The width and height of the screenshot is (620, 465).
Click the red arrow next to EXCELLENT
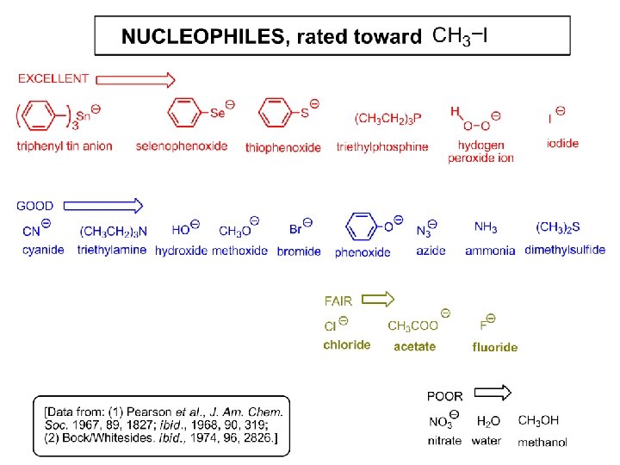[x=135, y=79]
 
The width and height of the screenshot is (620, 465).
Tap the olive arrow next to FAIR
[x=377, y=300]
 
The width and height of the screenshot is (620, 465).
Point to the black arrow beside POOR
[x=493, y=394]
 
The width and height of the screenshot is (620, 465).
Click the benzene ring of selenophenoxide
[x=183, y=113]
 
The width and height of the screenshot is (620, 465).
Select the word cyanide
[x=44, y=250]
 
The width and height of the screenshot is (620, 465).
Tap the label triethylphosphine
[x=382, y=146]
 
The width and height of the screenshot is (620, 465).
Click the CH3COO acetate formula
[x=413, y=325]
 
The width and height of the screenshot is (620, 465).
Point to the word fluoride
[x=495, y=347]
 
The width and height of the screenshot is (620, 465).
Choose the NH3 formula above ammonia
[x=486, y=227]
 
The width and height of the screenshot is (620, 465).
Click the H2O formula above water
[x=488, y=421]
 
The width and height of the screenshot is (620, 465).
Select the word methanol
[x=542, y=443]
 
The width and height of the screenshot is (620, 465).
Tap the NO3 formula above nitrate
[x=442, y=422]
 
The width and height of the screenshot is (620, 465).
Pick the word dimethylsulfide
[x=565, y=250]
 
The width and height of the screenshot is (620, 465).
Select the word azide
[x=431, y=250]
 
